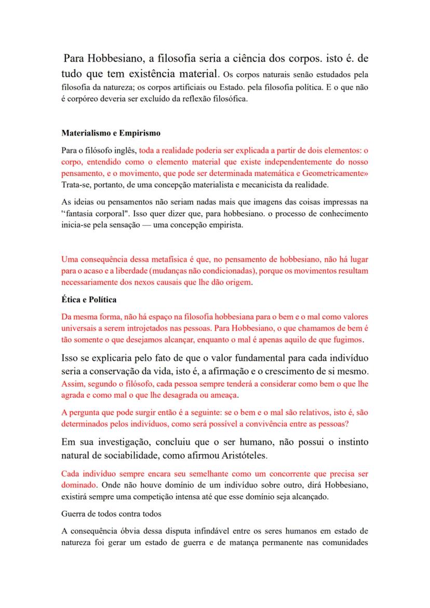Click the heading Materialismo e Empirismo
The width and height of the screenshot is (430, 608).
[x=110, y=133]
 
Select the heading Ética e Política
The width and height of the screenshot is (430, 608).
[x=89, y=300]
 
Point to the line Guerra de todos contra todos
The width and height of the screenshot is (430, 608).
[x=111, y=513]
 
